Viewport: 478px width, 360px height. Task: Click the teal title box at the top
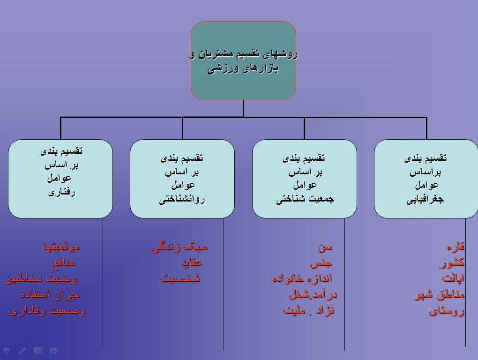(243, 60)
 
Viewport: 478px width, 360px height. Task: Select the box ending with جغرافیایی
(426, 179)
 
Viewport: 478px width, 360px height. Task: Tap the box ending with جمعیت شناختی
(304, 179)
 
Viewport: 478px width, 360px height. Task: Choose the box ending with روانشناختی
(182, 179)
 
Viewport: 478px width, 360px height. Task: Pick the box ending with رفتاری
(60, 179)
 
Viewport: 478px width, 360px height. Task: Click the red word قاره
(455, 246)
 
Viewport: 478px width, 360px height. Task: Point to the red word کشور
(452, 262)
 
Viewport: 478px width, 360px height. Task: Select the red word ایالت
(453, 278)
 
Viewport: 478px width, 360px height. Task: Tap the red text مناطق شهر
(439, 295)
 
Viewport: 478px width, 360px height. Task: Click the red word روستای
(447, 311)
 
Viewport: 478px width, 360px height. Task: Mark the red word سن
(324, 246)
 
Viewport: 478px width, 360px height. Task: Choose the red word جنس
(321, 262)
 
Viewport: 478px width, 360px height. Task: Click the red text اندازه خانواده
(302, 278)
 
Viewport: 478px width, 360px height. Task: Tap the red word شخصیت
(181, 278)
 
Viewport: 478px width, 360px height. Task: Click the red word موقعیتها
(61, 246)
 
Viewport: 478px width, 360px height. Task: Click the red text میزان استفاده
(50, 295)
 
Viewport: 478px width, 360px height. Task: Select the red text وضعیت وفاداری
(47, 311)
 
